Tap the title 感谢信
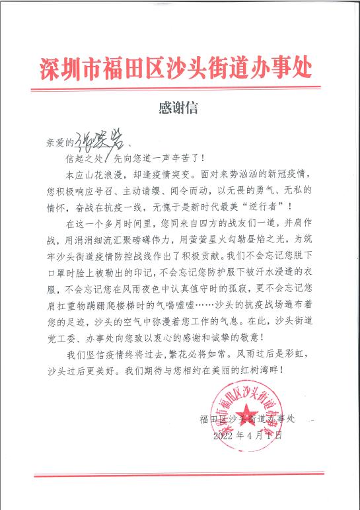coord(178,106)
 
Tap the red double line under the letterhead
coord(180,88)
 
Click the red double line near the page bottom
coord(180,474)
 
